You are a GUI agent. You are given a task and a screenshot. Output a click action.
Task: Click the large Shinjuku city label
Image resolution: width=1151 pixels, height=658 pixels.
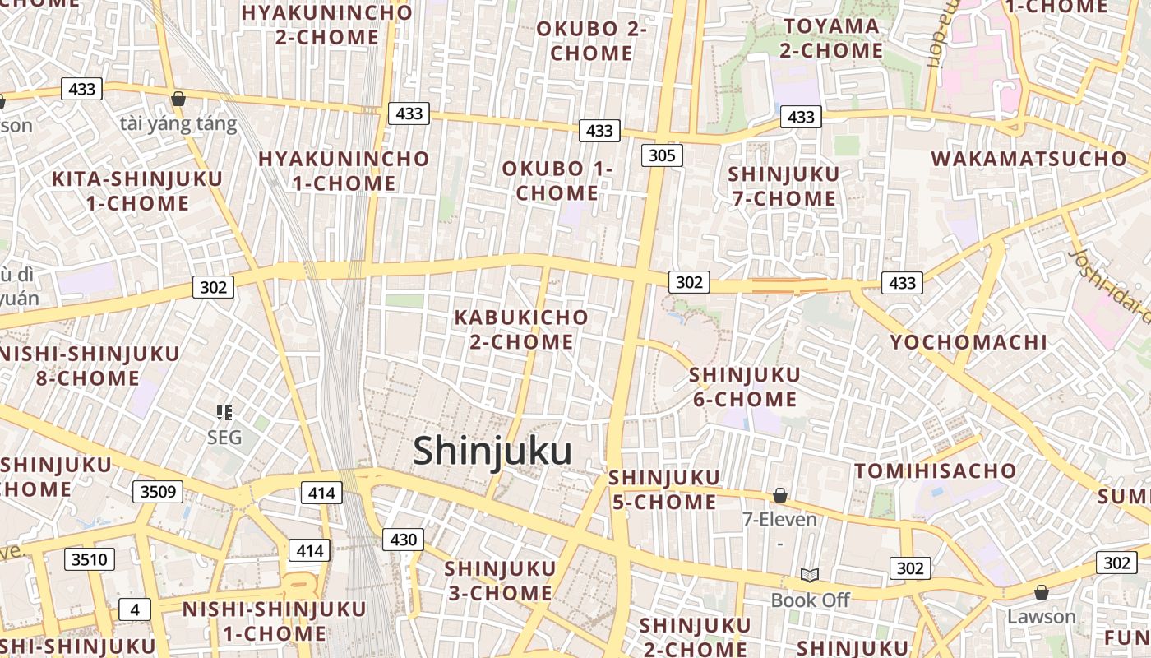pyautogui.click(x=492, y=452)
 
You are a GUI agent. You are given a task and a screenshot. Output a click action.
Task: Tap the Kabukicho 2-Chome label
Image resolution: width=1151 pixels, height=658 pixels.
pyautogui.click(x=521, y=329)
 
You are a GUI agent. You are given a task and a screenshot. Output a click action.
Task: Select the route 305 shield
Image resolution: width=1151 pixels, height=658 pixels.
pyautogui.click(x=662, y=155)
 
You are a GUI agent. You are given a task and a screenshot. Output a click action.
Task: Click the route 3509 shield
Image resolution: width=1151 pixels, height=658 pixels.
pyautogui.click(x=158, y=492)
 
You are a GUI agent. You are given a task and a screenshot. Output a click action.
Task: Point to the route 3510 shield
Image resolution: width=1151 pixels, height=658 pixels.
pyautogui.click(x=90, y=560)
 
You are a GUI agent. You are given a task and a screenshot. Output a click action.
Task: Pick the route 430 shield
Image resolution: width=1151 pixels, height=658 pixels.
pyautogui.click(x=403, y=540)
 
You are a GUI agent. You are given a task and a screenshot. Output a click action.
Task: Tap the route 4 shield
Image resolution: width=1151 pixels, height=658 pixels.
pyautogui.click(x=135, y=609)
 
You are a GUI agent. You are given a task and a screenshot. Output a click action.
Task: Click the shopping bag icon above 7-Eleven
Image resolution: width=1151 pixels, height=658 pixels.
pyautogui.click(x=779, y=495)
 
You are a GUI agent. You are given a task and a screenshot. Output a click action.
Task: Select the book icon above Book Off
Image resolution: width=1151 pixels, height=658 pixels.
pyautogui.click(x=810, y=575)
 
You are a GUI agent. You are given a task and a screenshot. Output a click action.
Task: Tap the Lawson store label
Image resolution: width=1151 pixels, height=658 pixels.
pyautogui.click(x=1042, y=616)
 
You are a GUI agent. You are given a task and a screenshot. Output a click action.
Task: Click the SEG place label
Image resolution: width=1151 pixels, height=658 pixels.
pyautogui.click(x=224, y=437)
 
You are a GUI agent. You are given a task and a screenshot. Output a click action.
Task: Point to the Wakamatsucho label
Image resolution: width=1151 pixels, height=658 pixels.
pyautogui.click(x=1029, y=159)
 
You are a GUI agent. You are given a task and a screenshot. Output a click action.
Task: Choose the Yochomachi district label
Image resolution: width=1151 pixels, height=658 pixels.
pyautogui.click(x=968, y=342)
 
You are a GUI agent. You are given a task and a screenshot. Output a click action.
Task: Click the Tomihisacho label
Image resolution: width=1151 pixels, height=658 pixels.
pyautogui.click(x=936, y=470)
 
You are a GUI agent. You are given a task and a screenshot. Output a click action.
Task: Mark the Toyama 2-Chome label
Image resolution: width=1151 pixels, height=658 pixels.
pyautogui.click(x=831, y=38)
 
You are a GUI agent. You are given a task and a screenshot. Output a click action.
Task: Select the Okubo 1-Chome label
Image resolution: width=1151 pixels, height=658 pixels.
pyautogui.click(x=557, y=181)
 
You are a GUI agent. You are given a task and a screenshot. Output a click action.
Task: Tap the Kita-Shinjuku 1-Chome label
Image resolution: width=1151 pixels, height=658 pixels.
pyautogui.click(x=137, y=191)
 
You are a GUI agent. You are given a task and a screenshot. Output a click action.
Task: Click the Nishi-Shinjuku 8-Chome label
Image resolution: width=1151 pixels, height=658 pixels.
pyautogui.click(x=87, y=366)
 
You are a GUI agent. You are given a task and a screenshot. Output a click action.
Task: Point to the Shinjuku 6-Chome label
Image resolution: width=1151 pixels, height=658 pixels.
pyautogui.click(x=744, y=387)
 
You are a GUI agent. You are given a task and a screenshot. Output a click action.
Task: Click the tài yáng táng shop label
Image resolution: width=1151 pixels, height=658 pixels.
pyautogui.click(x=178, y=124)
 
